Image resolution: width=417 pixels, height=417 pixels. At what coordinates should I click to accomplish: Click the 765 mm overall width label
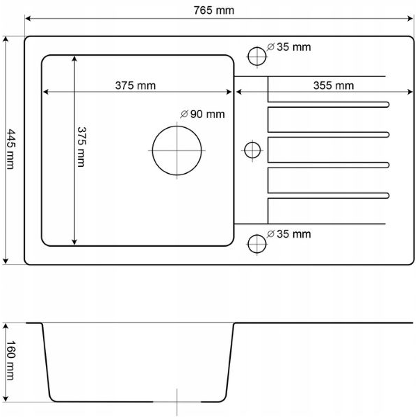[214, 10]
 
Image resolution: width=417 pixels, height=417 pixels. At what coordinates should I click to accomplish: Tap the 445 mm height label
[11, 149]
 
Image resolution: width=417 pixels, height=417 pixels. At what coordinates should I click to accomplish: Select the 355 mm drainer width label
[334, 85]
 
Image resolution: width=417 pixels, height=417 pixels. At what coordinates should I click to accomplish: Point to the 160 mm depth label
[10, 360]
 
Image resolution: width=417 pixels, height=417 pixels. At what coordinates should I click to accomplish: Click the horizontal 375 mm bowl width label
[136, 85]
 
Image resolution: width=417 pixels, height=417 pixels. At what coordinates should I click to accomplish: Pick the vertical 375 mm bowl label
[81, 147]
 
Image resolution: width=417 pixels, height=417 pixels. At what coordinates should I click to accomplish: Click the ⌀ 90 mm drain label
[202, 114]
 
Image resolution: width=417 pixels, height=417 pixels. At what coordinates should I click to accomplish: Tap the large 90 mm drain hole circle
[152, 151]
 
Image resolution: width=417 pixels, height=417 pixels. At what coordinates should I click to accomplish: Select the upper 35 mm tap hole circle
[248, 56]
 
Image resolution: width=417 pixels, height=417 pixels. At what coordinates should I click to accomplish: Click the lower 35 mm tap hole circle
[248, 244]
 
